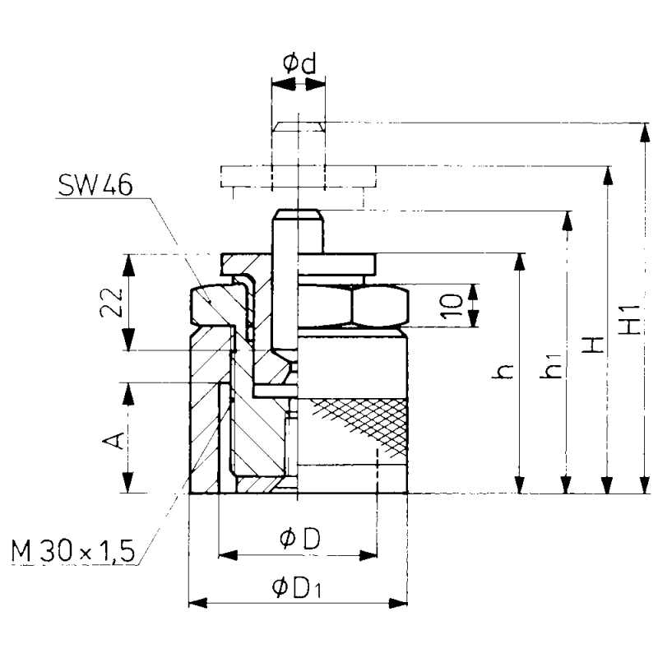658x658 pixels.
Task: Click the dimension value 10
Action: click(449, 305)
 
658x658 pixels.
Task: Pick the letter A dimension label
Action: click(117, 440)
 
